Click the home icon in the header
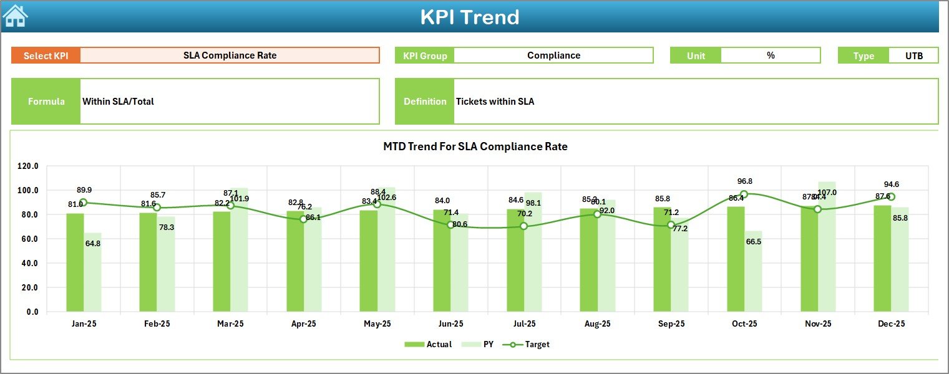click(x=16, y=16)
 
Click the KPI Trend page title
click(x=469, y=17)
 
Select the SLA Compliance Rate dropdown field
click(x=230, y=55)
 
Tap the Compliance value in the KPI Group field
click(x=553, y=55)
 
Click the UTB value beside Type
click(x=913, y=55)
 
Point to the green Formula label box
click(x=46, y=102)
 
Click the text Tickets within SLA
click(x=495, y=102)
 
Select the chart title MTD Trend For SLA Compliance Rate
click(x=475, y=147)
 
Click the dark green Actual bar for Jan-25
click(x=75, y=262)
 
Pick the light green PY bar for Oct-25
click(x=753, y=271)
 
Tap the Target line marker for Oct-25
click(x=744, y=194)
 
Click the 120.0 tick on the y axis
click(x=28, y=166)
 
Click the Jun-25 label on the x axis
click(x=450, y=324)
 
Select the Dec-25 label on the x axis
click(x=891, y=324)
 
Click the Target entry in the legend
click(x=530, y=344)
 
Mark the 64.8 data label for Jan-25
click(x=92, y=243)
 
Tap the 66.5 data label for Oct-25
click(x=753, y=241)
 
